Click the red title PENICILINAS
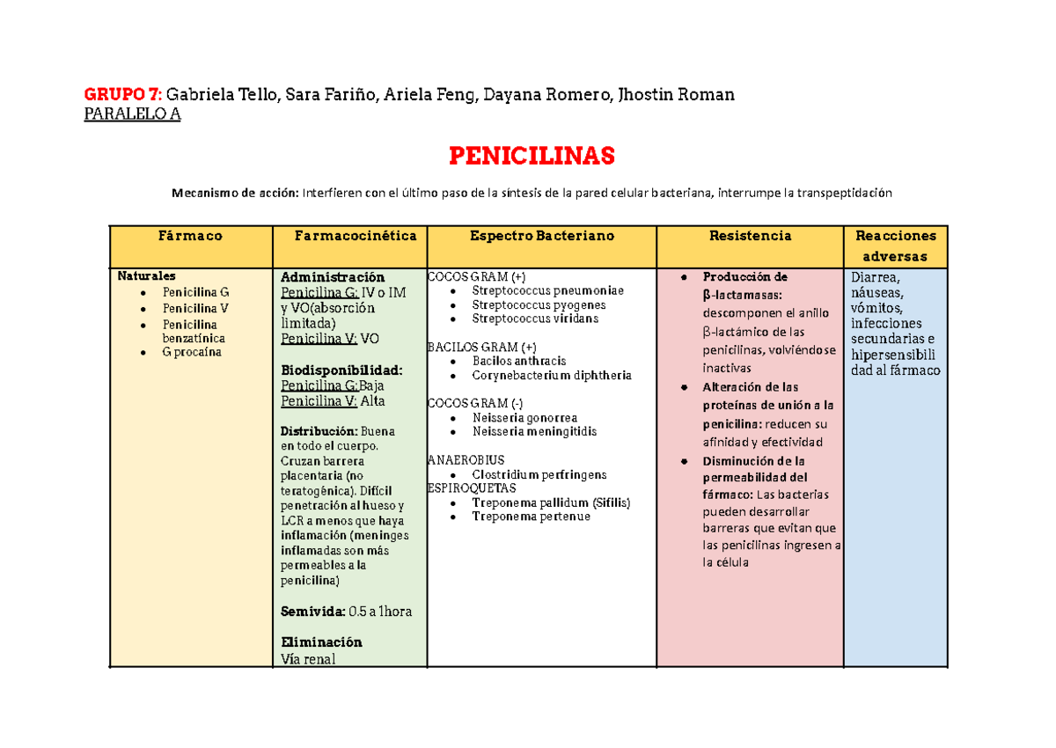pos(531,157)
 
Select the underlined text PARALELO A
pos(132,114)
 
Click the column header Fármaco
pos(190,236)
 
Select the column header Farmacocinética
pos(356,236)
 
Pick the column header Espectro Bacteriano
pos(541,236)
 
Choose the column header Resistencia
pos(751,236)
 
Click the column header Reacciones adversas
pos(894,246)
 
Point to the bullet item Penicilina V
pos(195,308)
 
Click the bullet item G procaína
pos(192,352)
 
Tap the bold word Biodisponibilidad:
pos(341,370)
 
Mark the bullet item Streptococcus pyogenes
pos(539,304)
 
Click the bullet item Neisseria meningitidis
pos(534,431)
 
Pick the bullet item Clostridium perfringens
pos(539,474)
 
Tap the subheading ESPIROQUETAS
pos(471,488)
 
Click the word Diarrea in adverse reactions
pos(875,279)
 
